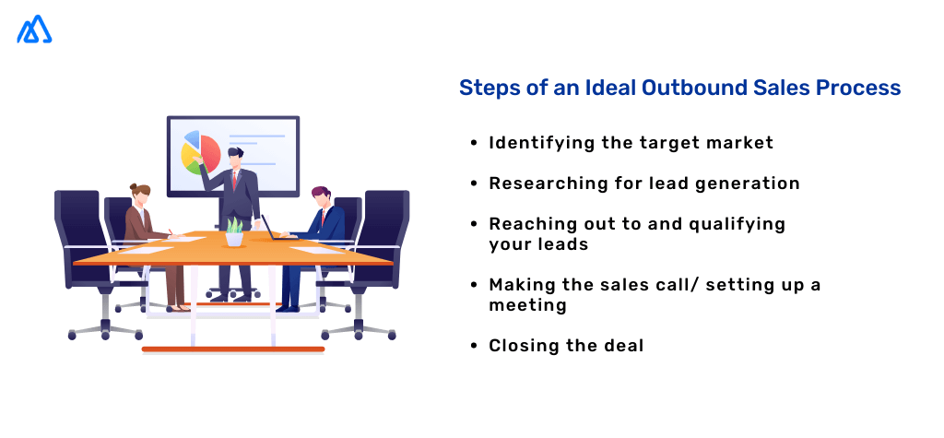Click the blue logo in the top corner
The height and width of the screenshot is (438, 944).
[x=34, y=30]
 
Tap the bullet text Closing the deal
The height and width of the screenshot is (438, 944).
[x=566, y=346]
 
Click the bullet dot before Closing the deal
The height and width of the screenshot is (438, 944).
[x=474, y=347]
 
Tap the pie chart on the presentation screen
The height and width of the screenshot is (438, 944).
[x=201, y=152]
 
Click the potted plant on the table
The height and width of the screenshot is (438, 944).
[x=235, y=231]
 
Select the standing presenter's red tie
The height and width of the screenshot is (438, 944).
[x=234, y=178]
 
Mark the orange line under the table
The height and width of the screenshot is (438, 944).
[x=232, y=349]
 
